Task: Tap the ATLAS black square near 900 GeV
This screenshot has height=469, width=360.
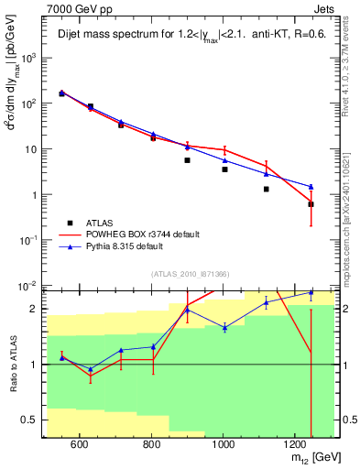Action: tap(187, 160)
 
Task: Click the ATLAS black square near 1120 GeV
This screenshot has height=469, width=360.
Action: tap(267, 189)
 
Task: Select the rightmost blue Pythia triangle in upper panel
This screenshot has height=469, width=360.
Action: tap(311, 187)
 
